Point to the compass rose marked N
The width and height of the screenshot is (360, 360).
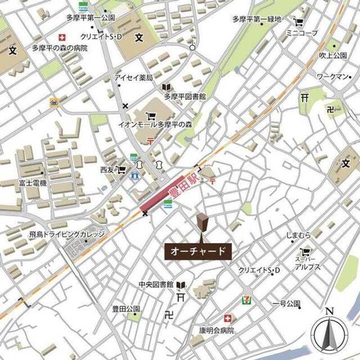(x=329, y=332)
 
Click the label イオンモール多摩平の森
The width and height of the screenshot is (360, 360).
(x=155, y=123)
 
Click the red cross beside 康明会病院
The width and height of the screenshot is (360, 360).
(x=228, y=318)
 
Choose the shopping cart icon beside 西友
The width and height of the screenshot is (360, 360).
(x=120, y=169)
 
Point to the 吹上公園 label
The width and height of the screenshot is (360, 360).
(x=333, y=55)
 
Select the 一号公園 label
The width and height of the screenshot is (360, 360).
(x=286, y=303)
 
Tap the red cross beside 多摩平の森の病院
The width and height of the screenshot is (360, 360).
(x=62, y=37)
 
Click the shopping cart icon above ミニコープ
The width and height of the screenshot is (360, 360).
(x=299, y=22)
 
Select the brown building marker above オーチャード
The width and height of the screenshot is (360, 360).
(x=202, y=223)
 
